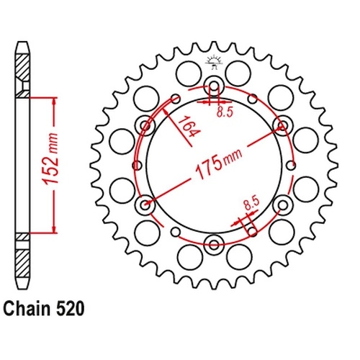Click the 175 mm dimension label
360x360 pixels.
(218, 163)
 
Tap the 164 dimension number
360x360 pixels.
(189, 127)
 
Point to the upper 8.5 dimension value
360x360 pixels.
(225, 112)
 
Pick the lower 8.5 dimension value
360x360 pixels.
(251, 203)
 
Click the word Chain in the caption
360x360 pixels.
(27, 309)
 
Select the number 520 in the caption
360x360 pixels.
(70, 309)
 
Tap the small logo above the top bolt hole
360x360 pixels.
(214, 62)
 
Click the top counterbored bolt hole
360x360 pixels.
(214, 86)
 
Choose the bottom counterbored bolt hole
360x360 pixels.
(214, 245)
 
